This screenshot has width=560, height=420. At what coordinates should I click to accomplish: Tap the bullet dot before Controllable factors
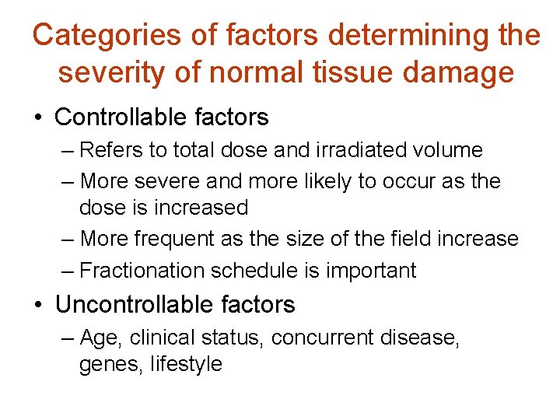pyautogui.click(x=37, y=118)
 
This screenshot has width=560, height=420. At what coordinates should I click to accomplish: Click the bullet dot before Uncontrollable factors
pyautogui.click(x=37, y=305)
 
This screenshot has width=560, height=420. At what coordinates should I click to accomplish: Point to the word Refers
pyautogui.click(x=109, y=149)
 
